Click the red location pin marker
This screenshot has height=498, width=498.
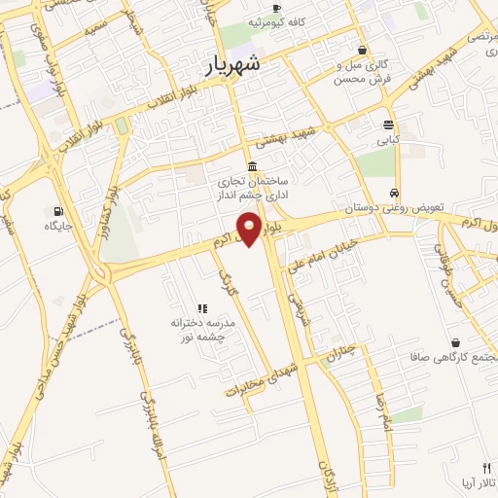coord(250,228)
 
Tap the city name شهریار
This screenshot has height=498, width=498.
coord(234,65)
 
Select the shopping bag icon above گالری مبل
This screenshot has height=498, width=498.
coord(362,50)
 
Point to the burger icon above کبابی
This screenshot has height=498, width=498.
coord(389,124)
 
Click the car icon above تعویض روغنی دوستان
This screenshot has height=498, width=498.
coord(393,192)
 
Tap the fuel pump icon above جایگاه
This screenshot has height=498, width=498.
coord(59,211)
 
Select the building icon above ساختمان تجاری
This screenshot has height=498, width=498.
coord(252,166)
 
